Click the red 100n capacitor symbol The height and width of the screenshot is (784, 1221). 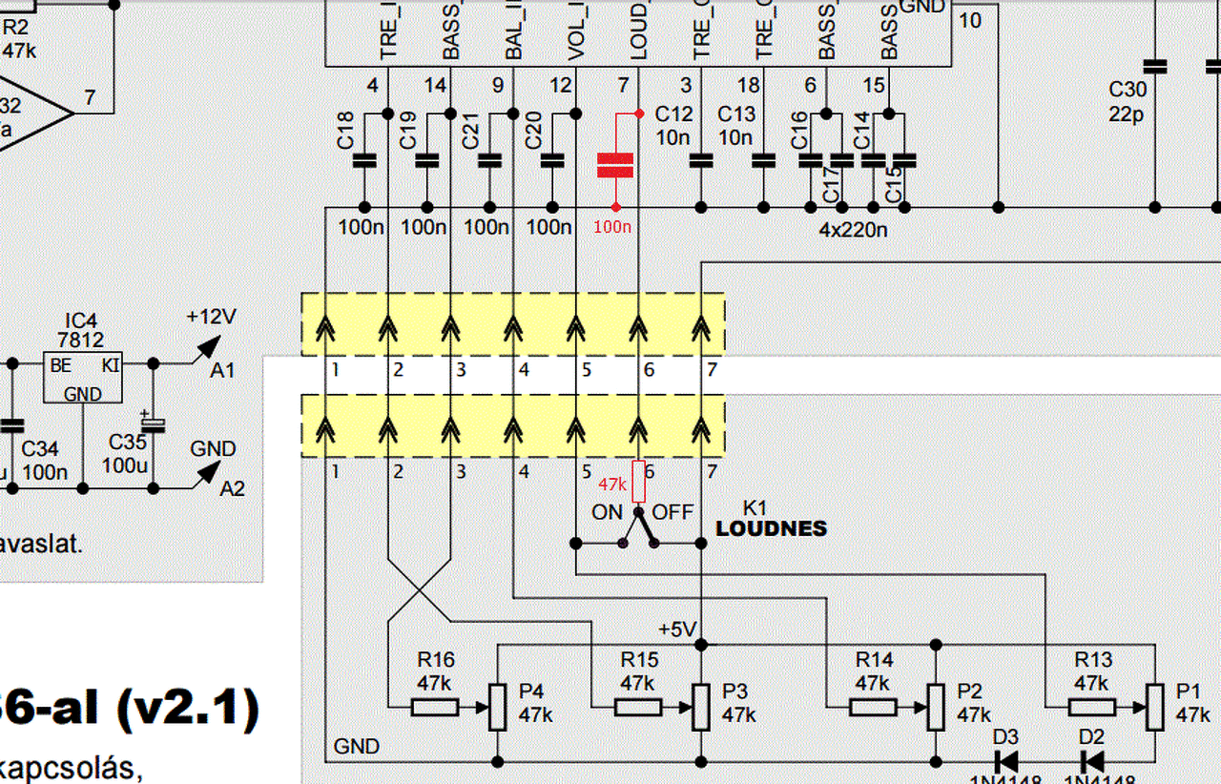(614, 165)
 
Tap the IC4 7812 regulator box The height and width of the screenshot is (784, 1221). (83, 377)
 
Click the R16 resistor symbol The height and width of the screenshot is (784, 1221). (435, 707)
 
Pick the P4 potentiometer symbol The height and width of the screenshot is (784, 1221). (497, 707)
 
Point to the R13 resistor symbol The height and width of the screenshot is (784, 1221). (1092, 707)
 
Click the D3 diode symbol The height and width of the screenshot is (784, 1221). (1004, 761)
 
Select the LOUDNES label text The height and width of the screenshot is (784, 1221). (772, 528)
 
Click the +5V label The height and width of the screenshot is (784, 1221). (678, 630)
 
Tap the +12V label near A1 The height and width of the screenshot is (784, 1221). (211, 317)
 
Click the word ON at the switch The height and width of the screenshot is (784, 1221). (607, 512)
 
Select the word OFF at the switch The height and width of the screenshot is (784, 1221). (673, 512)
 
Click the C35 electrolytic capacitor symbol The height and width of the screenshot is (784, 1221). (154, 423)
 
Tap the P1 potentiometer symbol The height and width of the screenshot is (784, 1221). (1155, 707)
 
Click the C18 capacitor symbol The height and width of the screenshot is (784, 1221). (363, 160)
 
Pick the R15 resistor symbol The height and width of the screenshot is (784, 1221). (638, 707)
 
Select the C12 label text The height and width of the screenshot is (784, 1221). (673, 114)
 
